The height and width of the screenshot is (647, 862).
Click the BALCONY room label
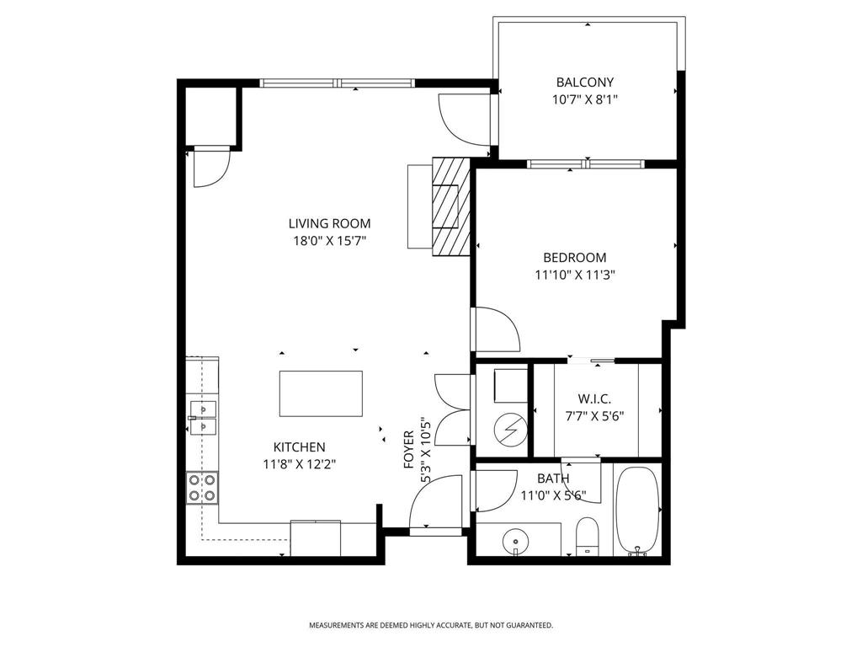point(584,83)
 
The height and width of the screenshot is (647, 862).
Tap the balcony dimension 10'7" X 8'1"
point(584,99)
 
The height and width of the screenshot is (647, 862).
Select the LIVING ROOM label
point(329,223)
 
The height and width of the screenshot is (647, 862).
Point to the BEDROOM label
point(574,258)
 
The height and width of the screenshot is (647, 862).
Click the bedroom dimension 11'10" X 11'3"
point(574,275)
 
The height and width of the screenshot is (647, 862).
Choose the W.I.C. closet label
point(594,398)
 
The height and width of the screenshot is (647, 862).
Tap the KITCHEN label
point(299,447)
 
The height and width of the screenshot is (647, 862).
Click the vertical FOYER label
point(409,450)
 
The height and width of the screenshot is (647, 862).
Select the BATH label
point(553,479)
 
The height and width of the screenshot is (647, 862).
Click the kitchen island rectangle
point(321,393)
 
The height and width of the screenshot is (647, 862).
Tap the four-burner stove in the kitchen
point(203,487)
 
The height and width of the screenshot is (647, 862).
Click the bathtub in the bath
point(638,511)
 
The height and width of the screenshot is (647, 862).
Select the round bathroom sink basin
point(514,539)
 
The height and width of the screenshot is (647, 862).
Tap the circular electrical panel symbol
point(508,431)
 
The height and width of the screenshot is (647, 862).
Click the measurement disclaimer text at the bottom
point(430,625)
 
